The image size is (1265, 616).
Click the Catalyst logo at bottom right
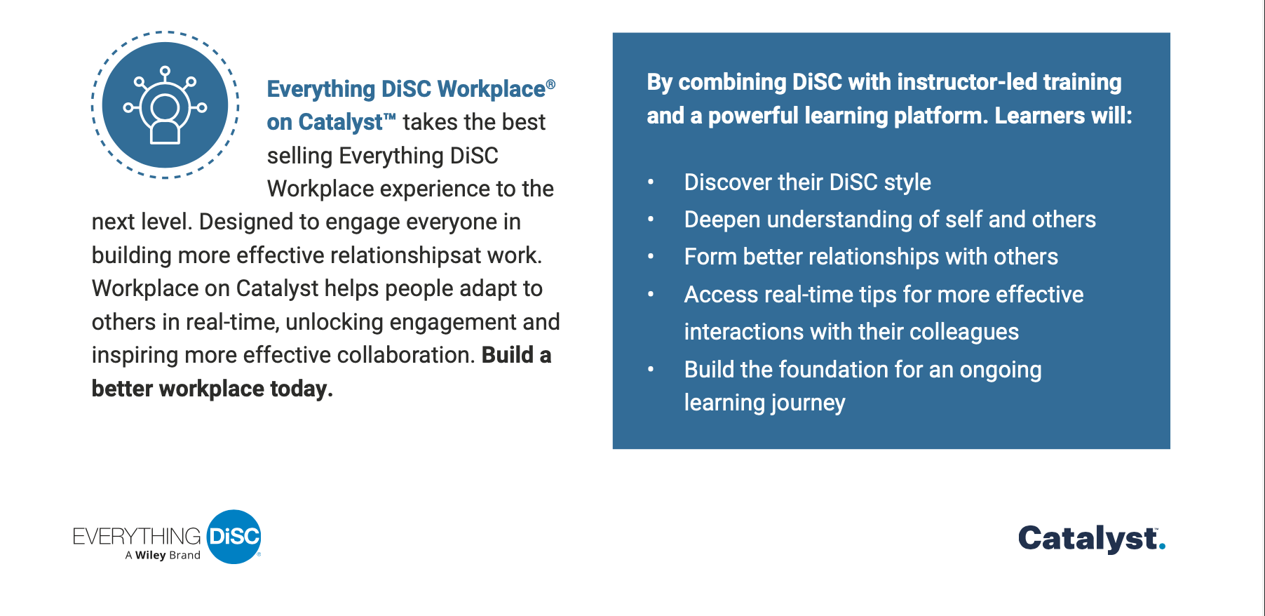coord(1091,539)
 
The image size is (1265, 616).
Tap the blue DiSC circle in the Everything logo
coord(234,537)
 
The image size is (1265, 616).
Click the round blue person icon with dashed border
coord(165,105)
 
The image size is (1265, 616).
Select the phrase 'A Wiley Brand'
coord(163,555)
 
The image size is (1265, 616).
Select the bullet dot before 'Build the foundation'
coord(651,369)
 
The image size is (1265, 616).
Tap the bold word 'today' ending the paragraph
coord(302,389)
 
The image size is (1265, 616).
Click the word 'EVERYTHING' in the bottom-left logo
coord(137,537)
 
